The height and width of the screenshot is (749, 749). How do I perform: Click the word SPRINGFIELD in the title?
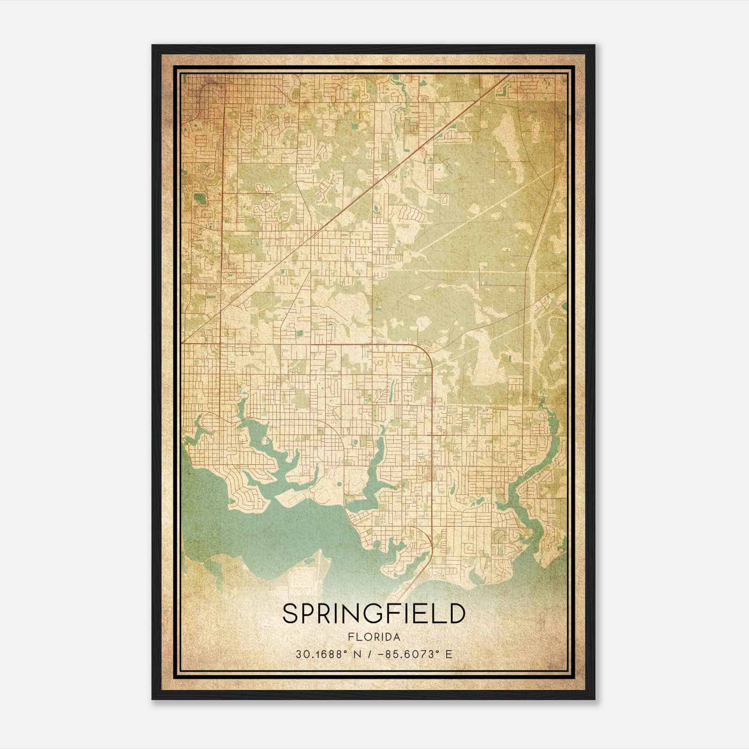(374, 614)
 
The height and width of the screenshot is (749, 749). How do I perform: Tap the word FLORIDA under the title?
(374, 637)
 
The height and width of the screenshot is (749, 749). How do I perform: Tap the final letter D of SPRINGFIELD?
(457, 614)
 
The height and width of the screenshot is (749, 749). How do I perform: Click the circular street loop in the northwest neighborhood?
(267, 206)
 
